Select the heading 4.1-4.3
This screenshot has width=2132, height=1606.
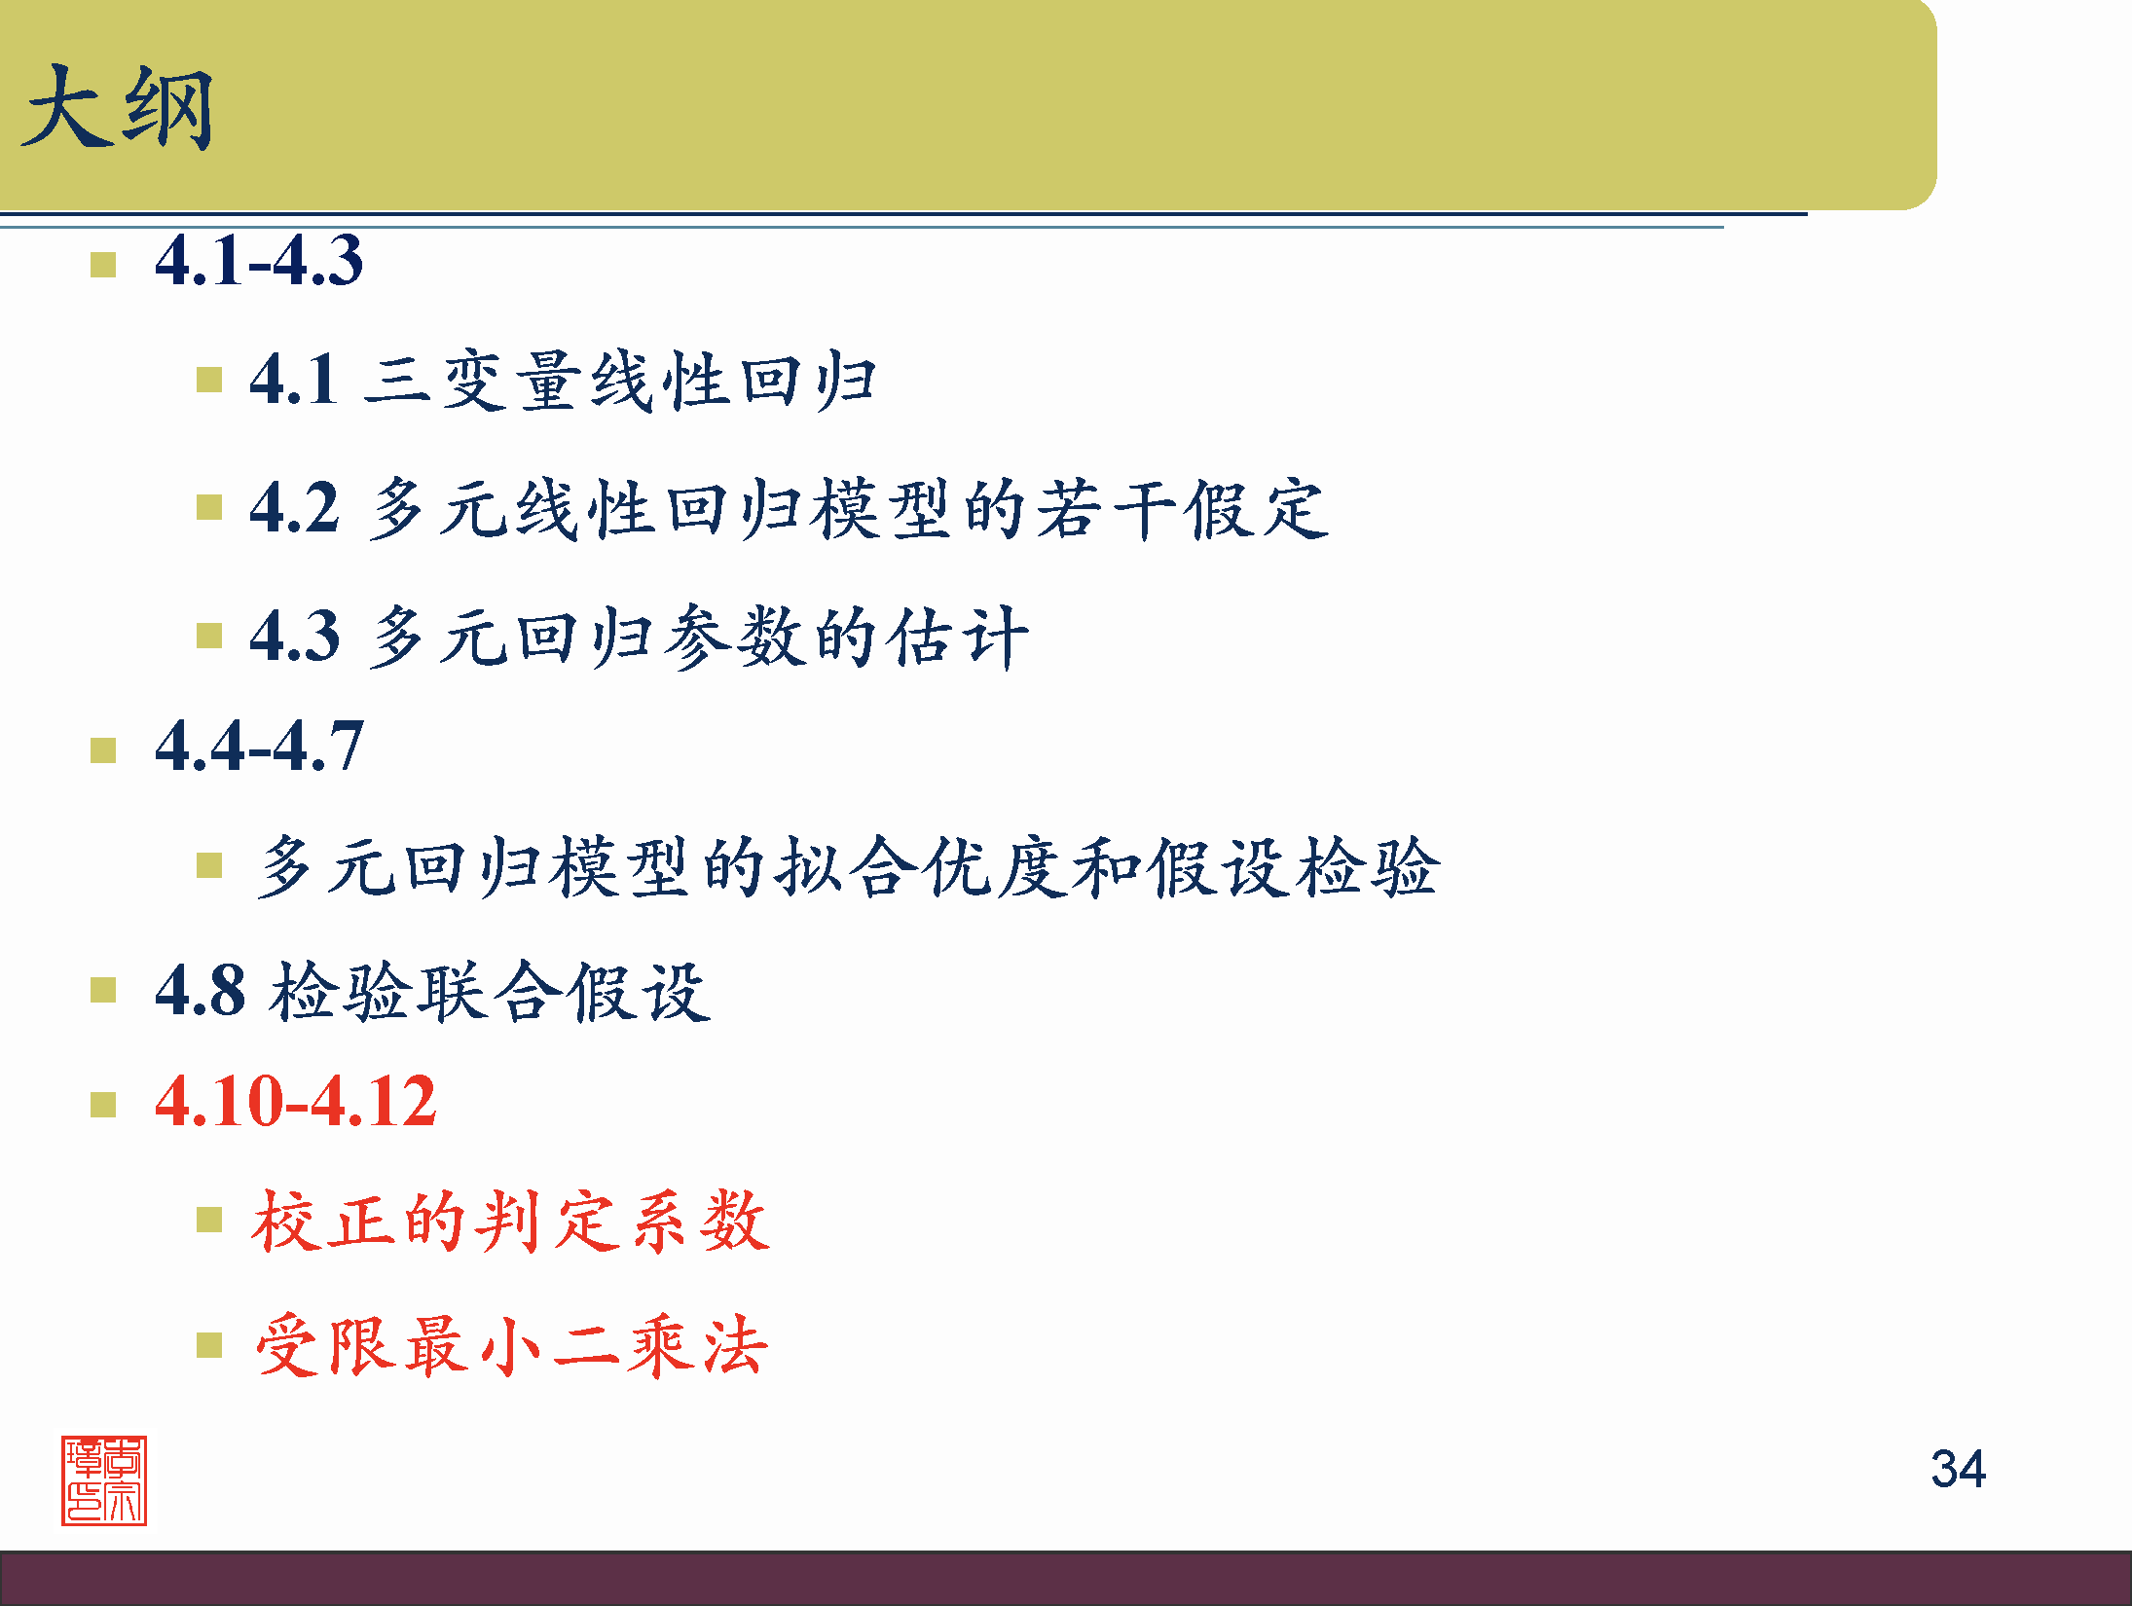click(259, 261)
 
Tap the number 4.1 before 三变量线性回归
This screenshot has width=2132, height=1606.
click(294, 379)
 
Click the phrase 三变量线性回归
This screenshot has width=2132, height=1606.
click(620, 380)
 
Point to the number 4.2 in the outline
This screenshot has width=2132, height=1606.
click(294, 507)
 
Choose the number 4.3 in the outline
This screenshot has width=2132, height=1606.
click(294, 636)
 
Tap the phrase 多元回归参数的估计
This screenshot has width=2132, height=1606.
click(697, 637)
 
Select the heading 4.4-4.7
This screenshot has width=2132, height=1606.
click(259, 747)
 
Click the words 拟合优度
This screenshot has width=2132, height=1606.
click(922, 866)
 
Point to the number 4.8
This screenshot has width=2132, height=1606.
click(200, 991)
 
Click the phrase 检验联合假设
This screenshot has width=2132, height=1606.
click(491, 992)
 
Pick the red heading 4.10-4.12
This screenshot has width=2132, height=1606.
click(296, 1102)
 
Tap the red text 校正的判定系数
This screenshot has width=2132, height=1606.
click(511, 1221)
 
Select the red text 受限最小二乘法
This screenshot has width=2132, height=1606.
click(511, 1346)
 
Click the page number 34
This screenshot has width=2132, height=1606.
click(1958, 1469)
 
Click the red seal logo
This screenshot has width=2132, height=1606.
click(104, 1480)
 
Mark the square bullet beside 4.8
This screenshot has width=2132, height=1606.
click(103, 990)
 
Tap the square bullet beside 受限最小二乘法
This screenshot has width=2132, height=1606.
click(209, 1345)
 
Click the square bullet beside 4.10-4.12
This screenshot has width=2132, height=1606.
click(103, 1105)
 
